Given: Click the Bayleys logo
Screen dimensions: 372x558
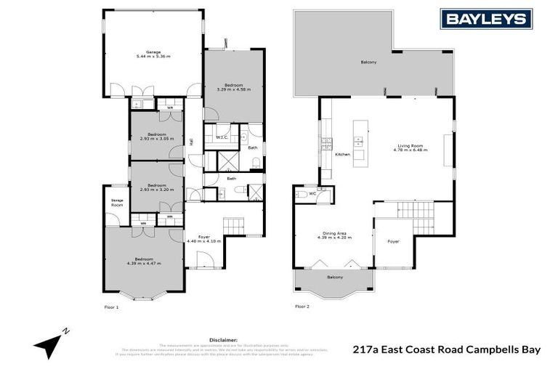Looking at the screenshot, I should pyautogui.click(x=487, y=19).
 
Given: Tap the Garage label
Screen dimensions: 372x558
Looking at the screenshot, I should pyautogui.click(x=153, y=52).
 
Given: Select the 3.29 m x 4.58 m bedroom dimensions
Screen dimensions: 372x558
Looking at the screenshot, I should pyautogui.click(x=233, y=89).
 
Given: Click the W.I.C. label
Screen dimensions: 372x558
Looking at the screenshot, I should pyautogui.click(x=222, y=137).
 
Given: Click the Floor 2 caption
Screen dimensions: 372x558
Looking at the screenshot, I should pyautogui.click(x=302, y=307).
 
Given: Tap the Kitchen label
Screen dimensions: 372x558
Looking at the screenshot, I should pyautogui.click(x=342, y=155).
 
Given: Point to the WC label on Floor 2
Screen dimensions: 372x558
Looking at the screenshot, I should pyautogui.click(x=312, y=194).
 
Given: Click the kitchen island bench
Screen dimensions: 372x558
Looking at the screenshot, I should pyautogui.click(x=358, y=141).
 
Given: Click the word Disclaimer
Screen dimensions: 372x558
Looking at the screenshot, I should pyautogui.click(x=224, y=339).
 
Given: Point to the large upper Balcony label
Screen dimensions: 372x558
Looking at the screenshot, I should pyautogui.click(x=369, y=62).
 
